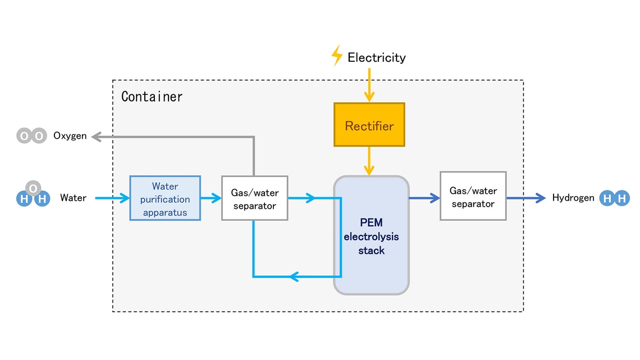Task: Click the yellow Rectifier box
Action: click(369, 125)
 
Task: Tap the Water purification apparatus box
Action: click(165, 198)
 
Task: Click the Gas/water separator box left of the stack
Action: click(254, 198)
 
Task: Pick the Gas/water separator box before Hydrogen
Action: click(473, 196)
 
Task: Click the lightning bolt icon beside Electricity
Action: click(336, 56)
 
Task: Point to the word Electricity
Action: click(376, 57)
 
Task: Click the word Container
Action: click(152, 97)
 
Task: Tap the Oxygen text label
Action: click(70, 136)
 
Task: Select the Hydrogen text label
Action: click(573, 198)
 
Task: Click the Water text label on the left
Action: click(73, 198)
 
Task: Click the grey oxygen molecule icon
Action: click(31, 136)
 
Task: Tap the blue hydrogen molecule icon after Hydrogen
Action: click(614, 198)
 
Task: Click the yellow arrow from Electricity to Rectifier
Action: click(369, 85)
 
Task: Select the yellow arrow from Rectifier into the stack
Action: click(369, 161)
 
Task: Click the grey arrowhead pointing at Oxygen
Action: click(97, 136)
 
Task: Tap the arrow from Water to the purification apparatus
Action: click(112, 198)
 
